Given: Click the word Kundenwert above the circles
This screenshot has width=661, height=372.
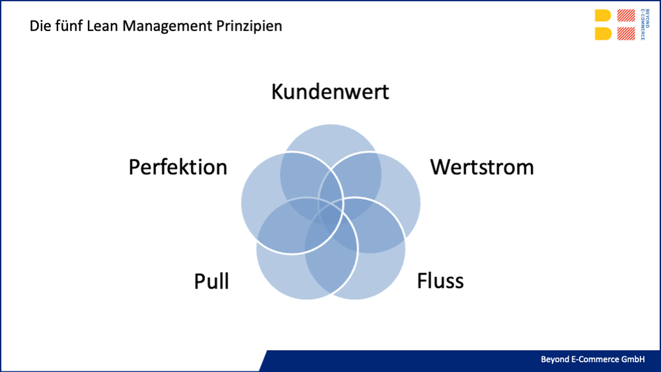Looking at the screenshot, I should click(330, 91).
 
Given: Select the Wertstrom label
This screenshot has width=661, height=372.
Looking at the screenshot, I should click(482, 167).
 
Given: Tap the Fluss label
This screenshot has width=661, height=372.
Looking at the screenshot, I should click(440, 281).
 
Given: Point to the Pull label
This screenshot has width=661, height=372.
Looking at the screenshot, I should click(212, 281).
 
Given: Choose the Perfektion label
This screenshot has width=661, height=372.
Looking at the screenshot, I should click(178, 167).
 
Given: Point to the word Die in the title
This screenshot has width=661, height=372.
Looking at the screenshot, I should click(39, 27).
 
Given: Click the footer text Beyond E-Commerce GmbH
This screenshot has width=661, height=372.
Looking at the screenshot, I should click(592, 359).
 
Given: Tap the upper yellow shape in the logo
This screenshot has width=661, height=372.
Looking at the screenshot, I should click(603, 17).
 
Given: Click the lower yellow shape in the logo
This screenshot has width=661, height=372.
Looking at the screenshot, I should click(603, 34).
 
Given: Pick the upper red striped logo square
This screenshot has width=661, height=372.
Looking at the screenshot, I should click(626, 17).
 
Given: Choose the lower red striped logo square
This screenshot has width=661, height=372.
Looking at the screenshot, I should click(626, 34).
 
